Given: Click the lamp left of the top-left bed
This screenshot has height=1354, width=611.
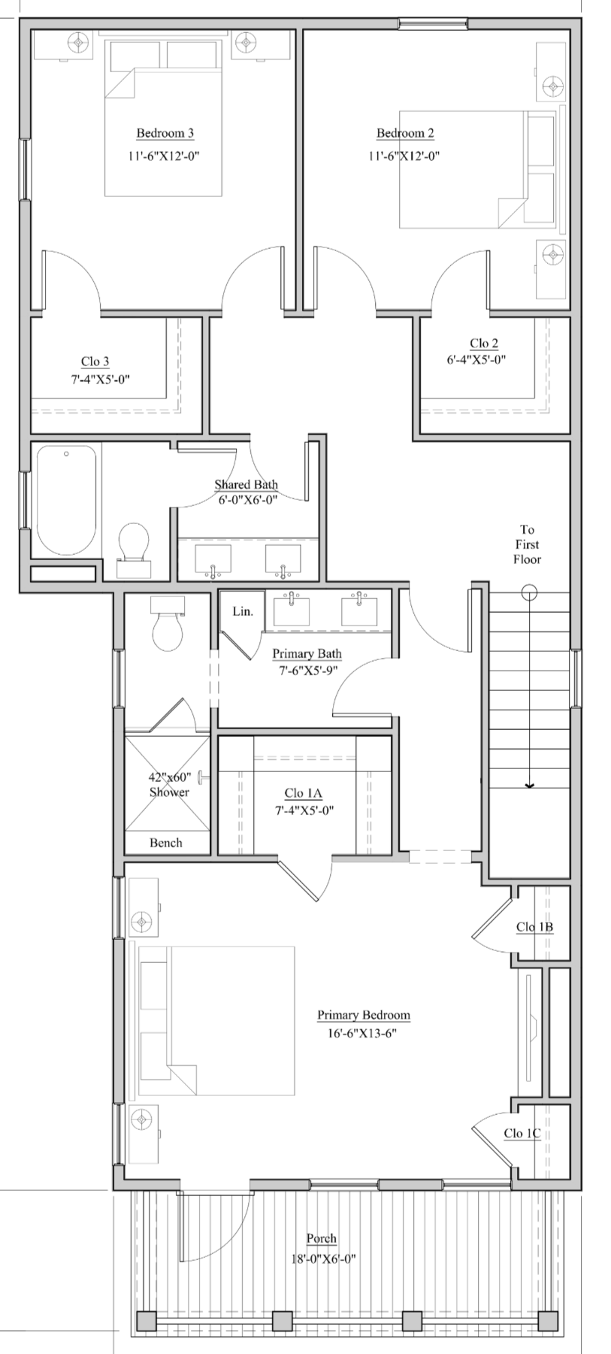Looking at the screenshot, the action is [x=79, y=42].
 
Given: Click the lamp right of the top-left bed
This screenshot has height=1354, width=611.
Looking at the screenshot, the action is [x=246, y=42].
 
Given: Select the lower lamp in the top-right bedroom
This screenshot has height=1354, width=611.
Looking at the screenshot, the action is [x=553, y=256].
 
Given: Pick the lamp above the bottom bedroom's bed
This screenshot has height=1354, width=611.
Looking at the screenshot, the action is [x=141, y=920].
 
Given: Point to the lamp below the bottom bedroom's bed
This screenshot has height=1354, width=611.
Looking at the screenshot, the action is [x=141, y=1120].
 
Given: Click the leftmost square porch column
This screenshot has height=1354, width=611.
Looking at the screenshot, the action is [x=147, y=1321].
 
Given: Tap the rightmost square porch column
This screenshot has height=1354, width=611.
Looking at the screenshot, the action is [x=548, y=1321].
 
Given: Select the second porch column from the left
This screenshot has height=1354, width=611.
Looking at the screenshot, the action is [x=282, y=1321].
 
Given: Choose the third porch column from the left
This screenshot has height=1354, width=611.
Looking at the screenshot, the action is [x=412, y=1321].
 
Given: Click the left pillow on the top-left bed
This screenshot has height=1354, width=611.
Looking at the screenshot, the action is [x=136, y=55].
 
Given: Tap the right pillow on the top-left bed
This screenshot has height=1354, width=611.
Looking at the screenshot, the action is [x=191, y=55].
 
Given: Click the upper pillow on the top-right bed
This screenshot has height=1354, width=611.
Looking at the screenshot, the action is [x=541, y=140].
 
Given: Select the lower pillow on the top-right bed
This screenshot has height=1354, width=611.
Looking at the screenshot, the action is [x=540, y=198].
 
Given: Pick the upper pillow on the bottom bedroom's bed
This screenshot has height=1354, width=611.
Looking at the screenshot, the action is [x=154, y=986].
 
